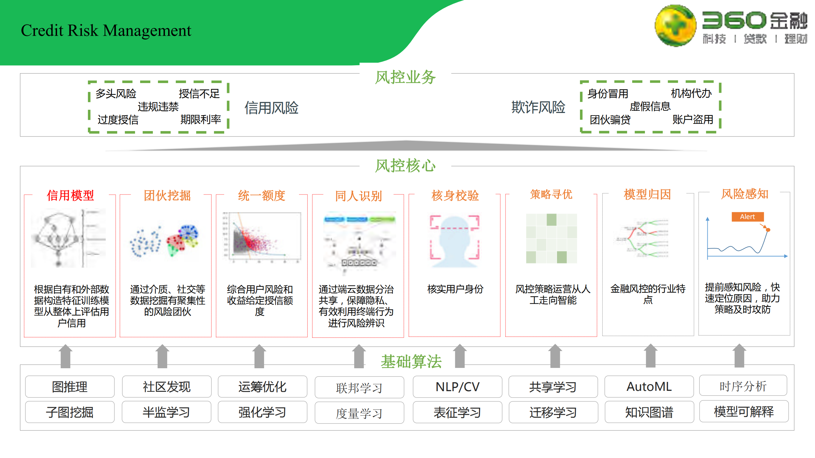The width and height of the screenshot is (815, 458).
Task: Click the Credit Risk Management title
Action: (106, 31)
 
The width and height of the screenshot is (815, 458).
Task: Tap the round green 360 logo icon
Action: (675, 25)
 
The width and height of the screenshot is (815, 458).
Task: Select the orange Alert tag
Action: (747, 217)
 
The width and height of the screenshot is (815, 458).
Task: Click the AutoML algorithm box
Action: (649, 387)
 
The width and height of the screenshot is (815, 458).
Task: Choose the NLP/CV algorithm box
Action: (457, 387)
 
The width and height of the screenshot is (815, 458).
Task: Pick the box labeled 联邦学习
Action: (359, 388)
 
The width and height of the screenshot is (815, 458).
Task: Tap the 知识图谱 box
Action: (649, 412)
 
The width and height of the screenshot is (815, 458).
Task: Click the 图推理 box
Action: (70, 387)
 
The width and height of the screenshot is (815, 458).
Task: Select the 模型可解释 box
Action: (744, 412)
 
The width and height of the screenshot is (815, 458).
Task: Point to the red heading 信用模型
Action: (70, 195)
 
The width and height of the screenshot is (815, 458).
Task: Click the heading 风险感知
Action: (745, 194)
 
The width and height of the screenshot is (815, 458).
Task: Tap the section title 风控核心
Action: (405, 166)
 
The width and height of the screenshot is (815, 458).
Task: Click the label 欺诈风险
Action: (538, 107)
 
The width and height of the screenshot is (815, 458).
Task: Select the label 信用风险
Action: (271, 108)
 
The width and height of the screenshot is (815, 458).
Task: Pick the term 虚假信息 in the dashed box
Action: (650, 106)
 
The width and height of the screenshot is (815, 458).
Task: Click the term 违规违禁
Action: (158, 107)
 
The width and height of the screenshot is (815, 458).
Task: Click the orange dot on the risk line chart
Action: (768, 230)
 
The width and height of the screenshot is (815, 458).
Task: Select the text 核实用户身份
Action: (455, 289)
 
